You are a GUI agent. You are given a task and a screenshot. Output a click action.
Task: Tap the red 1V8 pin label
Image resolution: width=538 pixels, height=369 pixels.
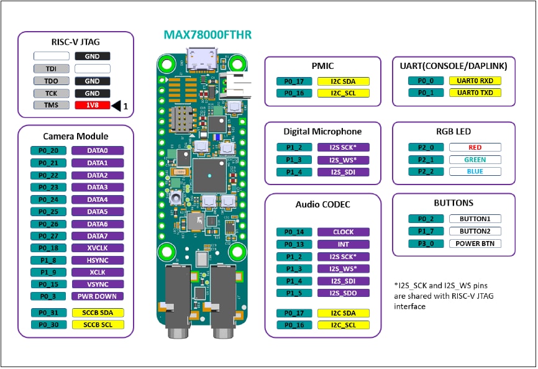point(92,106)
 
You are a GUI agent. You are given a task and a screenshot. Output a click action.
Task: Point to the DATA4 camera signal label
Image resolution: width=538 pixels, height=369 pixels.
point(98,199)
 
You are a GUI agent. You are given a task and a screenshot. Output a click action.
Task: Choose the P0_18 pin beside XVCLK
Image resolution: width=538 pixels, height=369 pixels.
point(48,248)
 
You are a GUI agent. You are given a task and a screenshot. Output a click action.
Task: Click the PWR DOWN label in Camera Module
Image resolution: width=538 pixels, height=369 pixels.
point(98,296)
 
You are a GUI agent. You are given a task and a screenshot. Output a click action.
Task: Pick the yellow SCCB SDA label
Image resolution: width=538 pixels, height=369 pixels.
point(98,312)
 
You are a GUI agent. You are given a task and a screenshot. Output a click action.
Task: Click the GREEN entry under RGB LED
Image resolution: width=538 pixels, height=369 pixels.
point(475,160)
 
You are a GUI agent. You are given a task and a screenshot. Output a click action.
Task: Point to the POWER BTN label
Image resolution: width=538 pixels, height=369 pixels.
point(475,244)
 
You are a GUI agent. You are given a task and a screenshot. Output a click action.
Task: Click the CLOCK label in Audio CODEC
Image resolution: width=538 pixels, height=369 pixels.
point(343,232)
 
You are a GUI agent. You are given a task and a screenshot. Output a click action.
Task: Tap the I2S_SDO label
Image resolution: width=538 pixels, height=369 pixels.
point(343,293)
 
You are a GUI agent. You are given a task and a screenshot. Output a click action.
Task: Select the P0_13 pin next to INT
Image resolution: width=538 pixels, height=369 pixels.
point(294,244)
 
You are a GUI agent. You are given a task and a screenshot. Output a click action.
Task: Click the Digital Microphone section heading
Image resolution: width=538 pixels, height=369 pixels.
point(322,131)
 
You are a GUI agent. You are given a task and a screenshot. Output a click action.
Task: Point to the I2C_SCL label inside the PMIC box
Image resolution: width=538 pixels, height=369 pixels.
point(343,93)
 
